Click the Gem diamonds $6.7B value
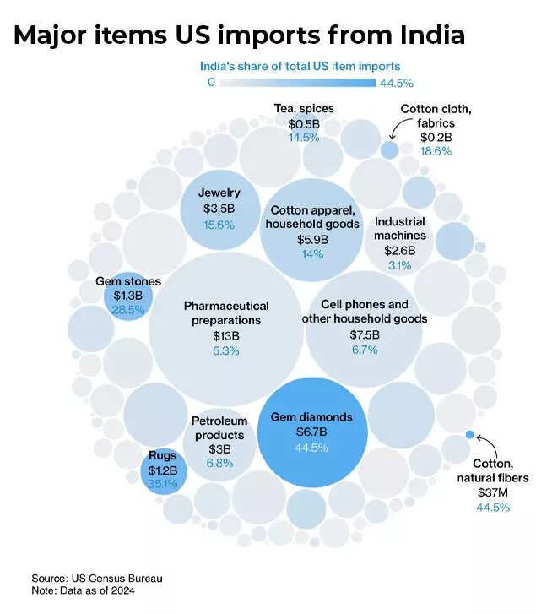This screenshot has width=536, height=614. (311, 432)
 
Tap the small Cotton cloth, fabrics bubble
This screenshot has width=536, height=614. (389, 149)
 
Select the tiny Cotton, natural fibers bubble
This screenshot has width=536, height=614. (469, 435)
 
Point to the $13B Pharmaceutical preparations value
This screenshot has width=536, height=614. (226, 335)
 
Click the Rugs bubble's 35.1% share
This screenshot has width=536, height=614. (163, 484)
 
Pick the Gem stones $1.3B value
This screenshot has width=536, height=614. (129, 296)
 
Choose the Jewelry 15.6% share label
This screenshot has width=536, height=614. (219, 224)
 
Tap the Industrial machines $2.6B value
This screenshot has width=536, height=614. (400, 250)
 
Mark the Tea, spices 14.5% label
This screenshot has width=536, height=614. (303, 137)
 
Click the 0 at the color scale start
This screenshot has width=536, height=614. (211, 82)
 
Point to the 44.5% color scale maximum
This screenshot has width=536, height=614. (397, 83)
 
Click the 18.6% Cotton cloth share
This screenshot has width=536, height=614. (436, 150)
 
